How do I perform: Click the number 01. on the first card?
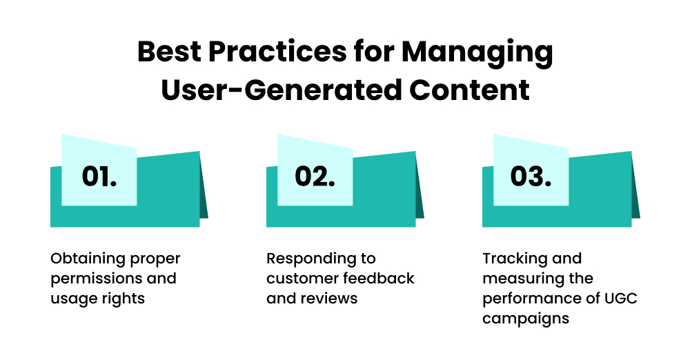[99, 177]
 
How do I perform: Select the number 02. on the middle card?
[315, 177]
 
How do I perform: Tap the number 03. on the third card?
[531, 177]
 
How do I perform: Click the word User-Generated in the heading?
[279, 90]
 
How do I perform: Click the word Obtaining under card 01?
[88, 259]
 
